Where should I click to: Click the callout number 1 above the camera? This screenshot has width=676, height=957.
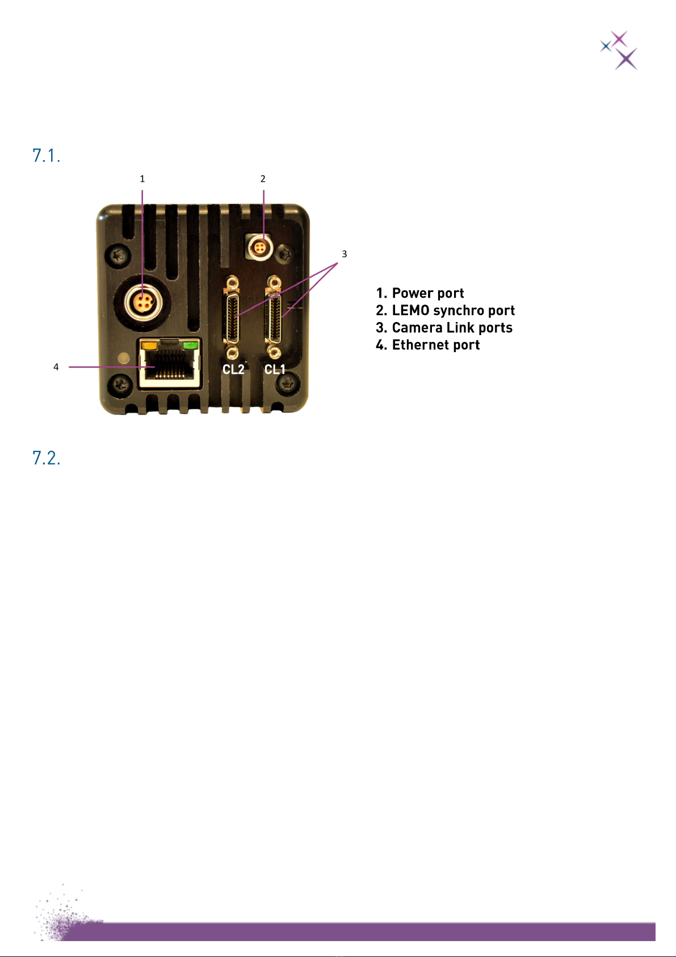click(142, 179)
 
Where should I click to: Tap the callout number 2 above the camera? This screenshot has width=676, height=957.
click(263, 179)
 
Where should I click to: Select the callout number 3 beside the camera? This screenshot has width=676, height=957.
click(344, 254)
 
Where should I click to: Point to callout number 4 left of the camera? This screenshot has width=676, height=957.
click(56, 367)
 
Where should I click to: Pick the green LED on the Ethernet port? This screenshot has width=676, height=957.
click(190, 344)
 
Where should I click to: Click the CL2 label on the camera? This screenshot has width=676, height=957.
click(233, 370)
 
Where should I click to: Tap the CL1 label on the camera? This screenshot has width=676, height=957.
click(275, 370)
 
